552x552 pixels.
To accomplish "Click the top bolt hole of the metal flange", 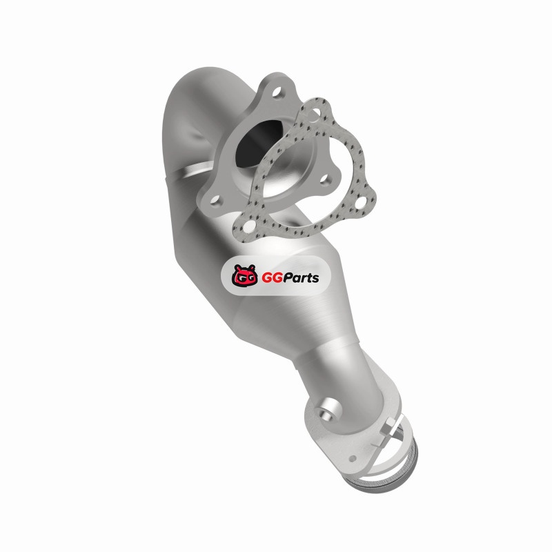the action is point(277,92).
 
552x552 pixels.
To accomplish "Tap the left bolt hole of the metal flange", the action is point(215,201).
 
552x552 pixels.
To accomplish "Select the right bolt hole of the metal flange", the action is point(324,179).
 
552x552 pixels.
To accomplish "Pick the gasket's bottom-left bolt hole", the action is point(248,227).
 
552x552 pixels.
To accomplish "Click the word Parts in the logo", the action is point(299,278).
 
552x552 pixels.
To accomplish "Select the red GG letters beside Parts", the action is point(270,278).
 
